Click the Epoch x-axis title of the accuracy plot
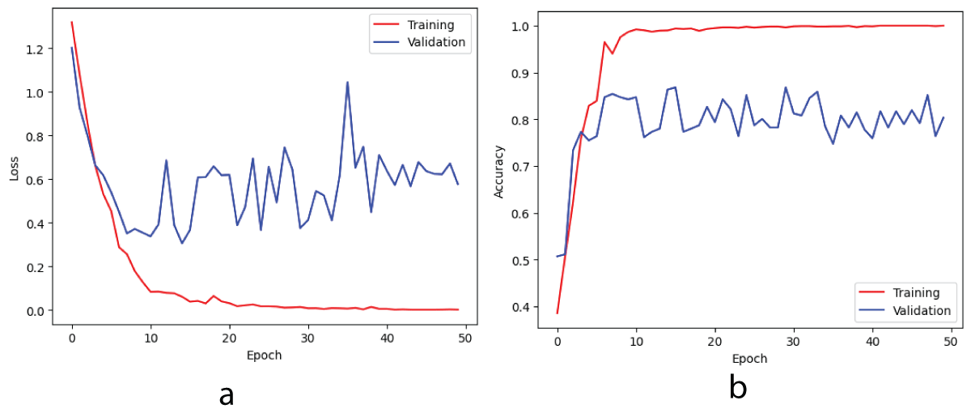coord(749,358)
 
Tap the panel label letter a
coord(227,394)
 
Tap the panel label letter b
coord(736,388)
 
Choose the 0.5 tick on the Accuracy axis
coord(522,260)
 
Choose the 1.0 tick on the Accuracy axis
coord(522,26)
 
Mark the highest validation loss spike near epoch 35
coord(347,82)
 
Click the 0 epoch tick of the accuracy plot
coord(558,341)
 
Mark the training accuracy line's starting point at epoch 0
coord(558,313)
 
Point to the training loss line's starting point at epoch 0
coord(72,22)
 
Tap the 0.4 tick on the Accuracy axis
coord(522,307)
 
